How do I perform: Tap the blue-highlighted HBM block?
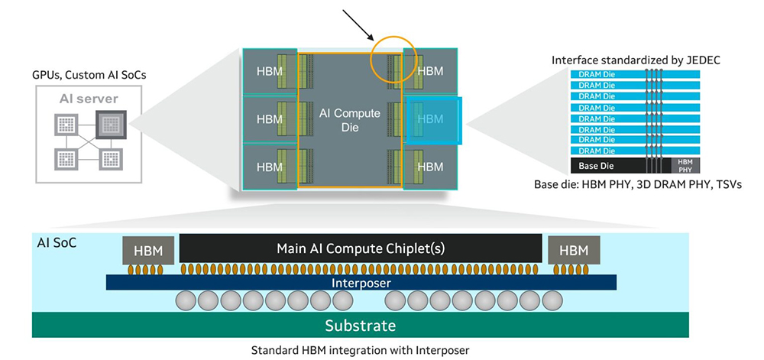point(432,119)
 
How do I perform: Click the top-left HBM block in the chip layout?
point(269,71)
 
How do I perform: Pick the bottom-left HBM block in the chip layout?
point(269,167)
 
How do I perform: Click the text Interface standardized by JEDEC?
point(635,60)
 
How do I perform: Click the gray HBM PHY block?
point(685,165)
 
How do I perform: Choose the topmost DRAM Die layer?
point(596,74)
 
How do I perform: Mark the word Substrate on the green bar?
point(361,326)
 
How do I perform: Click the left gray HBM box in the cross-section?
point(148,250)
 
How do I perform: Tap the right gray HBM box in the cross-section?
point(573,250)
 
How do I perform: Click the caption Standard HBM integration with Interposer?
point(360,350)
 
